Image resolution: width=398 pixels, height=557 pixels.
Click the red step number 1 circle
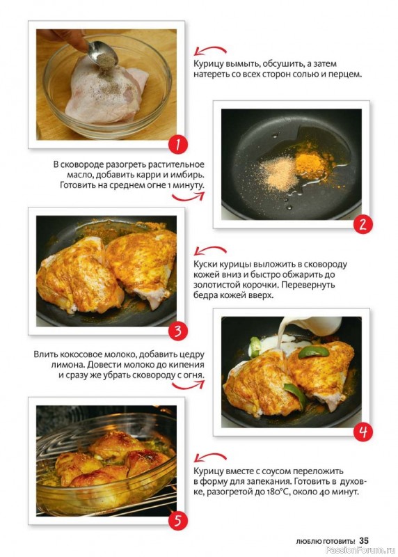[178, 145]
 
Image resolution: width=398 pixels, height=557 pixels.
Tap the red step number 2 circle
[363, 224]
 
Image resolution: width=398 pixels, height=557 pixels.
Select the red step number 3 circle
[178, 331]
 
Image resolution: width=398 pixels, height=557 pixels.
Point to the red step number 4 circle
[363, 432]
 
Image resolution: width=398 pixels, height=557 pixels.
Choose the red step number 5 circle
[178, 521]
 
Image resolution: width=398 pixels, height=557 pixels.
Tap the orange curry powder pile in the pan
[310, 164]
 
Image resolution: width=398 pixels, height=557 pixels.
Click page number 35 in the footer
[364, 541]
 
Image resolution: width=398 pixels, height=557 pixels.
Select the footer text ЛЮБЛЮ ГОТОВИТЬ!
[326, 542]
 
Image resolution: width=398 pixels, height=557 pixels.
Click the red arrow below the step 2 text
[189, 196]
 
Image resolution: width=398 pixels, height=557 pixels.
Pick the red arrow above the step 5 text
[210, 457]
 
